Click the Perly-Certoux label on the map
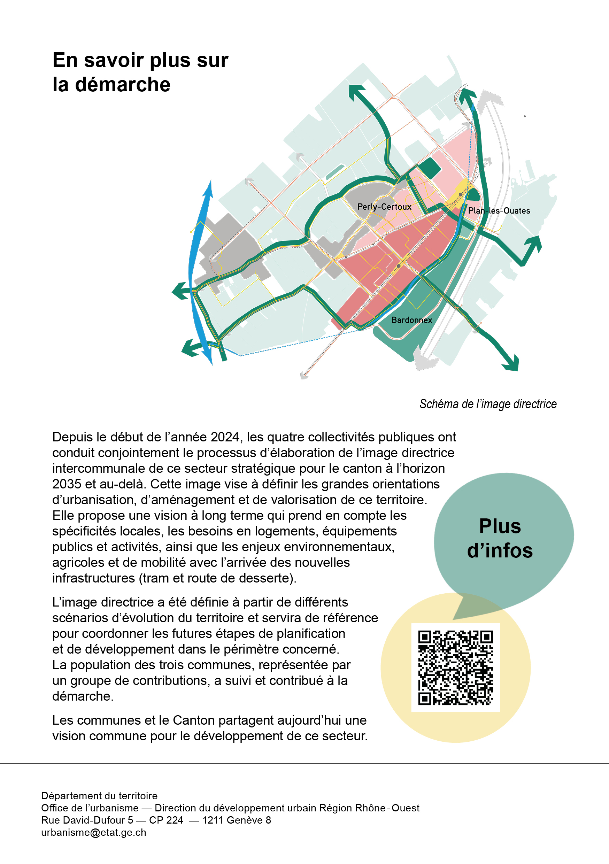384,207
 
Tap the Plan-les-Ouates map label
499,211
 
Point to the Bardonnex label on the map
411,320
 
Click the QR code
455,667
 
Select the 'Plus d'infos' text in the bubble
500,538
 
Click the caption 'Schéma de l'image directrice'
488,404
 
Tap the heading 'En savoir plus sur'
140,60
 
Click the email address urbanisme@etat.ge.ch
94,832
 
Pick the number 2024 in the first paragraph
225,437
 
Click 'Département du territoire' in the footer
99,795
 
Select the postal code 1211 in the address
213,820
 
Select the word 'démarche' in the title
123,84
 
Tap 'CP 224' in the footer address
166,820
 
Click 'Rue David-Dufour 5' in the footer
87,820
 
